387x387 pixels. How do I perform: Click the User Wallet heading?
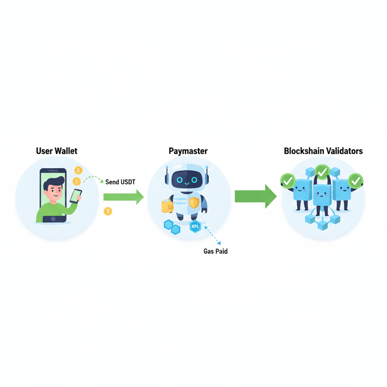57,151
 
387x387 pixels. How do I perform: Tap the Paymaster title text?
188,151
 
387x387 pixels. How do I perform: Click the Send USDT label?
120,182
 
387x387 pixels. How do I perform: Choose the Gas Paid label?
215,251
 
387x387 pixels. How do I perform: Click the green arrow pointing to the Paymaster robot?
123,197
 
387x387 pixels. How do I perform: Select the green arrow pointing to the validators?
255,196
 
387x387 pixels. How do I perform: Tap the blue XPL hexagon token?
195,227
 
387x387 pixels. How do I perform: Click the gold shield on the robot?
194,203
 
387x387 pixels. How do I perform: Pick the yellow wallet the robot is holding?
167,206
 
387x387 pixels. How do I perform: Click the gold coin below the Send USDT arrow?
108,211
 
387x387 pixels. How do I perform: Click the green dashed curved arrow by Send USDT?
93,178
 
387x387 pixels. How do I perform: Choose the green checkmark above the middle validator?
322,172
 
